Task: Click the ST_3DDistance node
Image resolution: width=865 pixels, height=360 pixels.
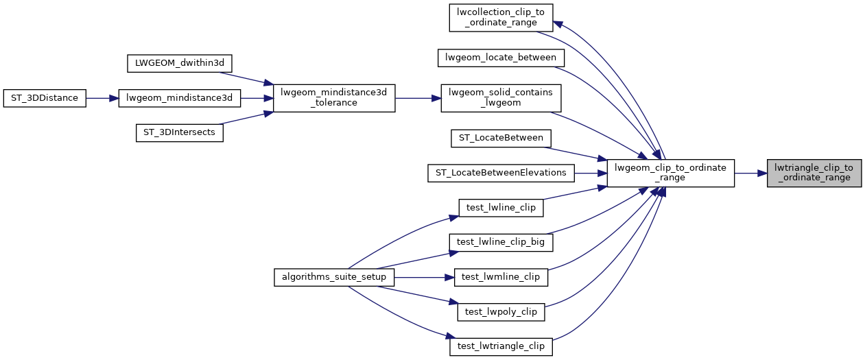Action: tap(45, 98)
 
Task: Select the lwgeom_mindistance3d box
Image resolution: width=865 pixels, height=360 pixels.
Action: tap(180, 98)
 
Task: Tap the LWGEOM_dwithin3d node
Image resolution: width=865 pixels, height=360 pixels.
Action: tap(180, 63)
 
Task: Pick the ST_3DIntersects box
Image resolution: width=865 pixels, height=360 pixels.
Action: tap(180, 133)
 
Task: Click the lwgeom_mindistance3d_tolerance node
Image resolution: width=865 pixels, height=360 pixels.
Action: tap(334, 98)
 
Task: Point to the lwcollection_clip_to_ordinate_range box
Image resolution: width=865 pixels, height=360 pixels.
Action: tap(501, 17)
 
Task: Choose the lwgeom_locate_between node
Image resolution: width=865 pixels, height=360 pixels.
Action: tap(501, 58)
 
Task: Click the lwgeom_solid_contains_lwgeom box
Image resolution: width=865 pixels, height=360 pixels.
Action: tap(501, 98)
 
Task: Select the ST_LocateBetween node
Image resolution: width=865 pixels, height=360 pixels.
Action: tap(501, 139)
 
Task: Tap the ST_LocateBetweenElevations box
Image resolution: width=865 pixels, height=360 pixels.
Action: tap(501, 173)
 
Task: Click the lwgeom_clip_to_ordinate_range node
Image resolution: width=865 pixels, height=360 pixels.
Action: tap(671, 173)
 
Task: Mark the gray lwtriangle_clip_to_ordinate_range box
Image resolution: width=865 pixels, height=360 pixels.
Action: tap(814, 173)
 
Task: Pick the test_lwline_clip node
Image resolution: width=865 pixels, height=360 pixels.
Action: tap(501, 208)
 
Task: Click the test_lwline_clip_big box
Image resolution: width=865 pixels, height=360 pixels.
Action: tap(501, 242)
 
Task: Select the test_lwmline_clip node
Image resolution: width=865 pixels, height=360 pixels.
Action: tap(501, 277)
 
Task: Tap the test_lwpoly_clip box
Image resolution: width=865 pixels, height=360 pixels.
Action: tap(501, 311)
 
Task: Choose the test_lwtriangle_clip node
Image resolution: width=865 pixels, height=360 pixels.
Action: tap(501, 346)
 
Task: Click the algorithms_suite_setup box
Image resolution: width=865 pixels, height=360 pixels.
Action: tap(334, 277)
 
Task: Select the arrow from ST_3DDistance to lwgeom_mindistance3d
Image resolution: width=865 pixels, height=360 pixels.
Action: tap(102, 98)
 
